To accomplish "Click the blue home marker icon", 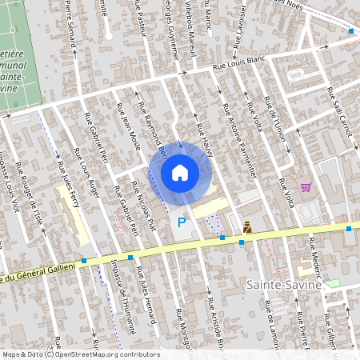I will click(179, 172).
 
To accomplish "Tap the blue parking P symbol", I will click(182, 222).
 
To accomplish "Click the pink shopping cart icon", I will click(305, 187).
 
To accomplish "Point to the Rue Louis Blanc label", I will click(238, 68).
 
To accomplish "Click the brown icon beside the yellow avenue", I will click(247, 227).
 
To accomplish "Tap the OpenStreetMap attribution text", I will click(80, 354).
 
